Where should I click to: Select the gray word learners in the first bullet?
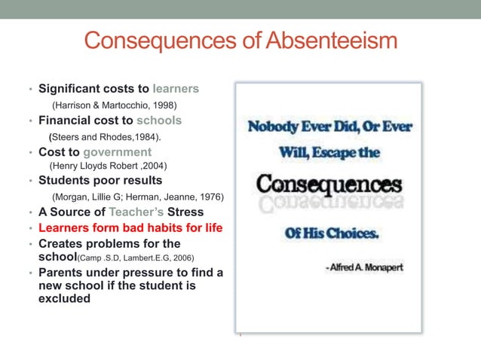[176, 89]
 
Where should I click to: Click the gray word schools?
[159, 121]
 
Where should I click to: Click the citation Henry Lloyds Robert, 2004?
[108, 166]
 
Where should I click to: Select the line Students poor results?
[100, 181]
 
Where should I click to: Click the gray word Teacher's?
[141, 212]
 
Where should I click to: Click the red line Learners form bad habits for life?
[130, 228]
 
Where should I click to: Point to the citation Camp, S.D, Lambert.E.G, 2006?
[149, 258]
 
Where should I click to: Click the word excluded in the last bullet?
[65, 298]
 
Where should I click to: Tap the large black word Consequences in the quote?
[328, 185]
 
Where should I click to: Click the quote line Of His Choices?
[332, 233]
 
